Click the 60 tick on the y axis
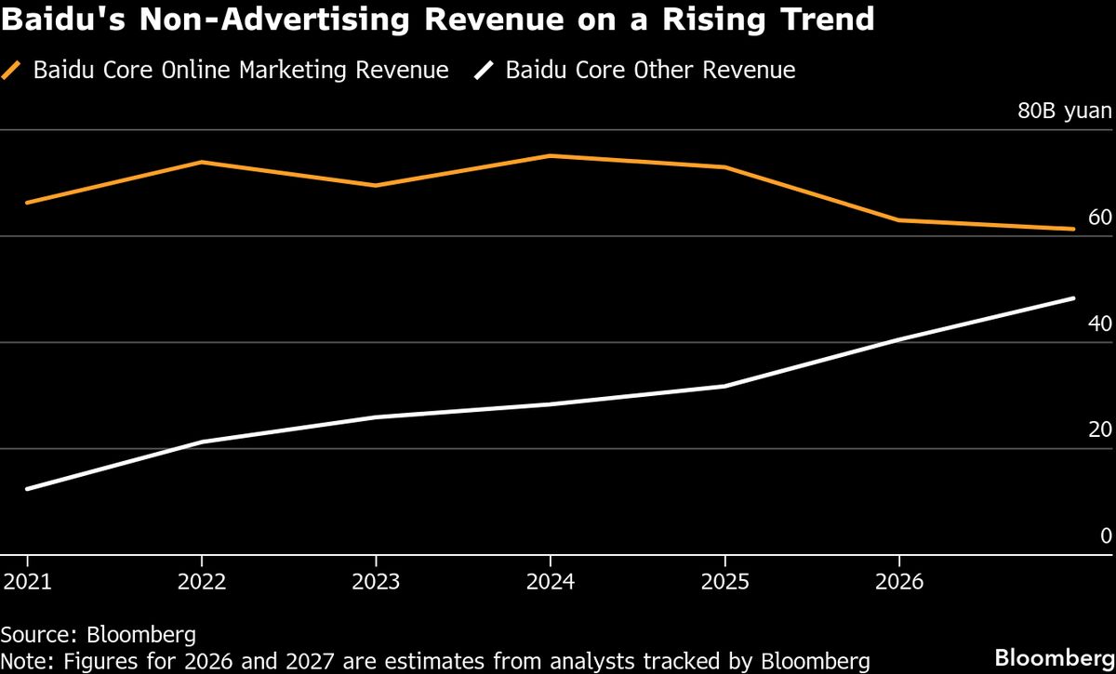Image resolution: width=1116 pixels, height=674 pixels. pos(1099,218)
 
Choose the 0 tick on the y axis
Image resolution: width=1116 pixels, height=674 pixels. pos(1105,535)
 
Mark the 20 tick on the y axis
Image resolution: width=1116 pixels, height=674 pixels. pos(1099,430)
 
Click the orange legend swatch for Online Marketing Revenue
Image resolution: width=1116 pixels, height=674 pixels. pos(13,71)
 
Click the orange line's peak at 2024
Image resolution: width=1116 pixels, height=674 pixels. pos(551,155)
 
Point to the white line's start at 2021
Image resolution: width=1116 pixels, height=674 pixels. pos(27,489)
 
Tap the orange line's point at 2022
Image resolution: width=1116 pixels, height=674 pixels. pos(202,162)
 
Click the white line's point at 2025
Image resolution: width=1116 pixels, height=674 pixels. pos(724,386)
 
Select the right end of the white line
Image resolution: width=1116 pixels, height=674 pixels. pos(1073,298)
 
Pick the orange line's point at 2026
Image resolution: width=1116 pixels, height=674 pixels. pos(898,220)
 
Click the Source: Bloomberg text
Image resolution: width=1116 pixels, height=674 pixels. pos(99,635)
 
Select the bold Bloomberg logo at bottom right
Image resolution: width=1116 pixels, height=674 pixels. pos(1054,657)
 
